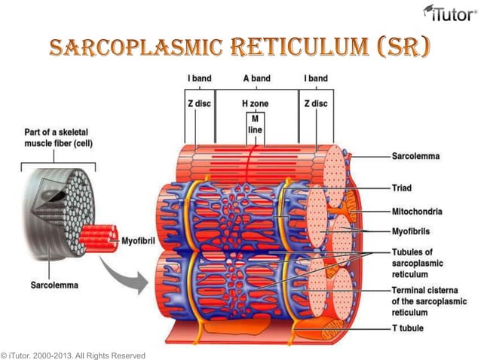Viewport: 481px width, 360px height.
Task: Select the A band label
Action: click(x=256, y=78)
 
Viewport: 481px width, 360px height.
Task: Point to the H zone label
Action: click(x=255, y=102)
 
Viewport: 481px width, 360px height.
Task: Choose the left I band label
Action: click(x=199, y=78)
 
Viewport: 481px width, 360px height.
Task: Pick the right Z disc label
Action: click(x=315, y=102)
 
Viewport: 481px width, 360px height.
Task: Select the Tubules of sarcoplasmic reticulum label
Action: click(x=418, y=264)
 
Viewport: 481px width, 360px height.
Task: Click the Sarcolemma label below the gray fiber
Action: click(x=55, y=285)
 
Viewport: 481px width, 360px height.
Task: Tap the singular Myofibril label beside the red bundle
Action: click(x=142, y=241)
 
